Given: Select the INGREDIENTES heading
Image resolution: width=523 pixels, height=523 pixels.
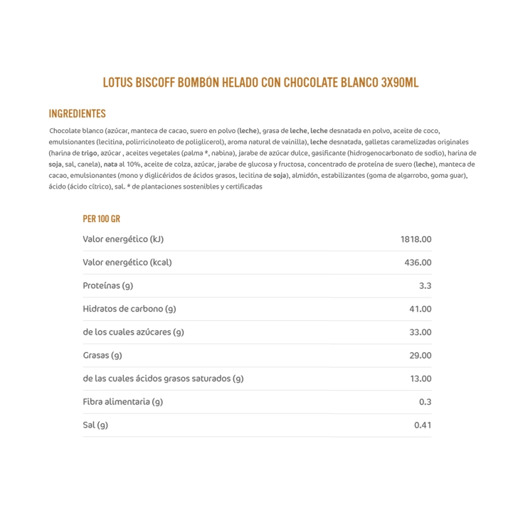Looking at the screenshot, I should pos(77,114).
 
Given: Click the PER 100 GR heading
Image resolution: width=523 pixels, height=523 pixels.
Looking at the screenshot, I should pos(101,219).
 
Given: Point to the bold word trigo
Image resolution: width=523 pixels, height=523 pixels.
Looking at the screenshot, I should pos(89,153).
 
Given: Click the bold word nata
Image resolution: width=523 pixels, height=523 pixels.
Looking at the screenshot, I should pos(110,164).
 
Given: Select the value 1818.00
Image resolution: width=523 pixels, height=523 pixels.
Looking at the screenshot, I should pos(416,240).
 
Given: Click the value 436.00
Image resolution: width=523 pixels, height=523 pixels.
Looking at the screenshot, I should pos(418,263).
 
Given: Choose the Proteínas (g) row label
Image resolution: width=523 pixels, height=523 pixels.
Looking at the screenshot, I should pos(108,286).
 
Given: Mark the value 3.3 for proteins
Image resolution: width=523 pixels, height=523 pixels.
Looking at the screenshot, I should pos(425,286).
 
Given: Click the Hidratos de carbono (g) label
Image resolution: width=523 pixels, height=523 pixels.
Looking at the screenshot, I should pos(130,309).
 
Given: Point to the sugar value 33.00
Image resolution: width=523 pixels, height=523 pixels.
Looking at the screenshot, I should pos(420,332).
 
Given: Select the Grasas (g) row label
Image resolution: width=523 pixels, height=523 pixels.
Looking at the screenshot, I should pos(102,356).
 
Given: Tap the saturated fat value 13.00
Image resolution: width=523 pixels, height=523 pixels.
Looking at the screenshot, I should pos(420,379).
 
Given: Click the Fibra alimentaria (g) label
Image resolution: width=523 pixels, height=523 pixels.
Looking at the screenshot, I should pos(123,402).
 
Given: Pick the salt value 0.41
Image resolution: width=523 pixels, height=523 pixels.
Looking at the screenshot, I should pos(423,426).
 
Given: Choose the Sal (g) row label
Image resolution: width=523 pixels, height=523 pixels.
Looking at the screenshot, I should pos(95,426).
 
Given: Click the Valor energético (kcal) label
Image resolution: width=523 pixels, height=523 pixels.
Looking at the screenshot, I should pos(127,263).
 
